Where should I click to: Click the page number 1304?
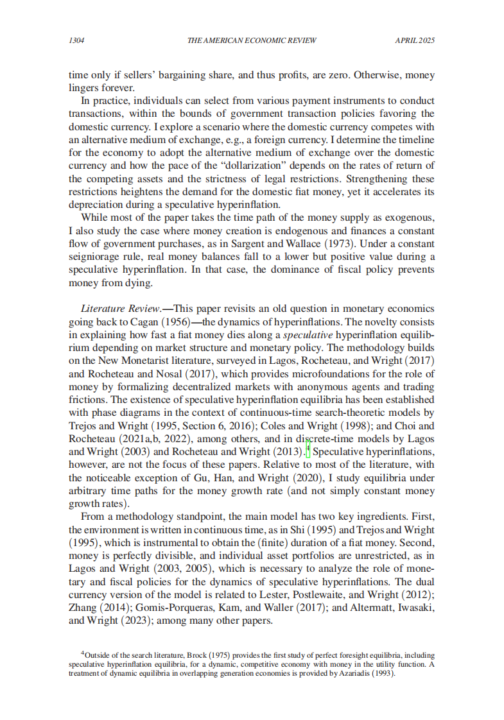(77, 40)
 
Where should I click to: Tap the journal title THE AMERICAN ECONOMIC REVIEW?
(252, 40)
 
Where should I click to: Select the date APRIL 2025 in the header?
(415, 40)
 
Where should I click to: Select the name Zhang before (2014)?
(83, 608)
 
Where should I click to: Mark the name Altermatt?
(360, 608)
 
